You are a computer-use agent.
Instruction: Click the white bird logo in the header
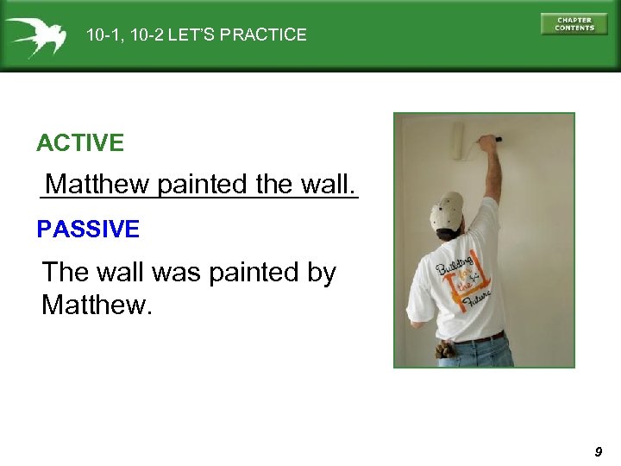[36, 36]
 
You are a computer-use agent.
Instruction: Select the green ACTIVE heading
[80, 143]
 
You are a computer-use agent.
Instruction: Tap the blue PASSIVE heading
[88, 230]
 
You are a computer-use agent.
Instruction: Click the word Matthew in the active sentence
[98, 185]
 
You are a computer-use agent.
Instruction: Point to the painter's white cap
[446, 211]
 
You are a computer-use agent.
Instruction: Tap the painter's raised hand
[489, 142]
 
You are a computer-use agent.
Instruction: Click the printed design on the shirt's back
[463, 285]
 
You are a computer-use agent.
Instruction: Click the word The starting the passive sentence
[66, 273]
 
